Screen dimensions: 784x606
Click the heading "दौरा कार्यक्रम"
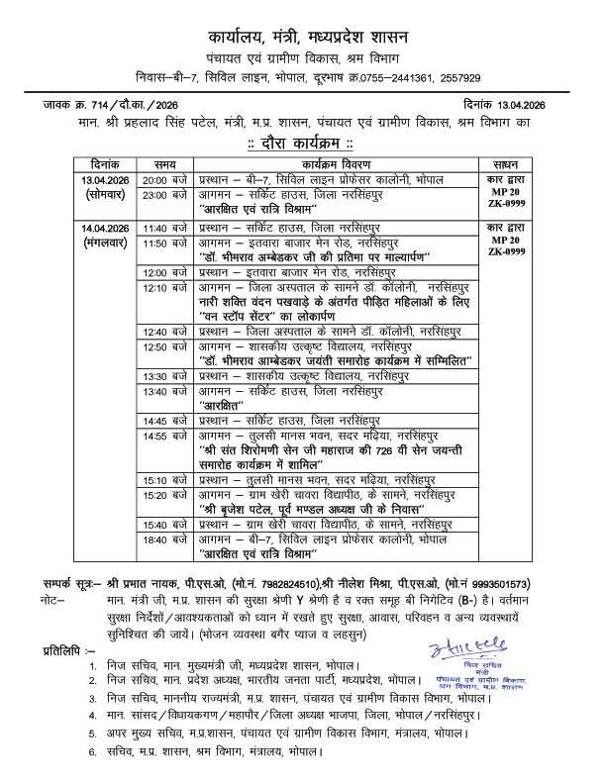[303, 142]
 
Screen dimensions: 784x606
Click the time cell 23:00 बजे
[164, 196]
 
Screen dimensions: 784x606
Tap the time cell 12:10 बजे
[164, 287]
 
